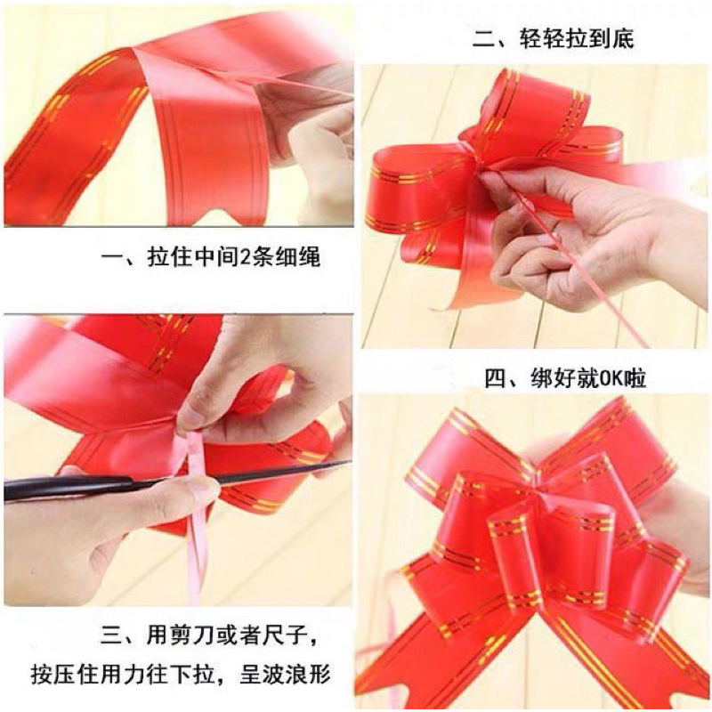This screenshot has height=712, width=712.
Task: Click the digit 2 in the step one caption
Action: coord(244,257)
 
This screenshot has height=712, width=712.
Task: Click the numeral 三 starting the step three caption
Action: coord(111,635)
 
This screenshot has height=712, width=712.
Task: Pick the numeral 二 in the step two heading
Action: coord(483,38)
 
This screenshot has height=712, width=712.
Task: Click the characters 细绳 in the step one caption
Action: coord(298,257)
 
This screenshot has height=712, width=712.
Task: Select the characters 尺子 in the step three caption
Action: coord(285,635)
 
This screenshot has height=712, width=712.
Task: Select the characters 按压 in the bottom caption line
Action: coord(54,674)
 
